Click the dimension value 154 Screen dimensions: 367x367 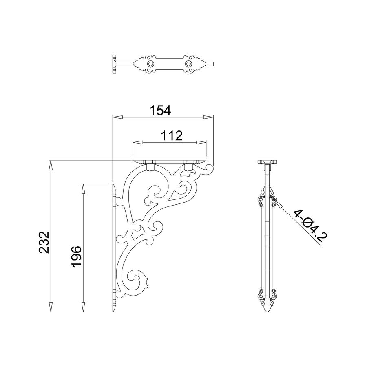[160, 111]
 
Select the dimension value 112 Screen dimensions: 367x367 [172, 136]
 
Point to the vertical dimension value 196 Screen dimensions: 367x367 [76, 256]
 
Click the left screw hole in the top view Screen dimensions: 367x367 [150, 64]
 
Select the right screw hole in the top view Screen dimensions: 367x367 [188, 64]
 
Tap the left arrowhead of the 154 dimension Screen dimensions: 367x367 [118, 117]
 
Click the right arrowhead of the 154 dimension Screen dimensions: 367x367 [208, 117]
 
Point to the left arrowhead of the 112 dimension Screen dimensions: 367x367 [138, 142]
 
